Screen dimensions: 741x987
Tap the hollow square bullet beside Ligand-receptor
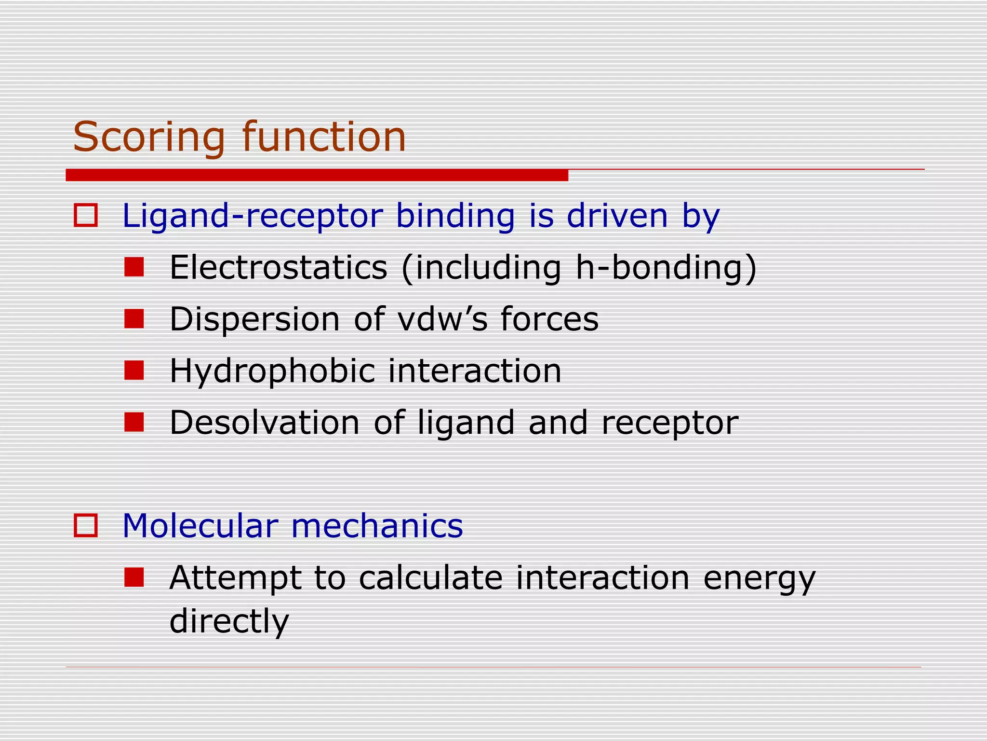coord(86,215)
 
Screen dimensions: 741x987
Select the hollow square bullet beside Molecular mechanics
coord(86,525)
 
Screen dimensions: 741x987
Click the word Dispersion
coord(255,319)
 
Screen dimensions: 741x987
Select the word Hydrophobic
coord(272,371)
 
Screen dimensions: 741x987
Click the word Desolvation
coord(265,423)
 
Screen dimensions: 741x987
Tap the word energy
coord(759,578)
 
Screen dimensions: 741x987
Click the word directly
coord(229,621)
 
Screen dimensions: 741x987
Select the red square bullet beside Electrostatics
coord(134,267)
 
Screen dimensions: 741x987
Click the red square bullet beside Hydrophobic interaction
coord(134,370)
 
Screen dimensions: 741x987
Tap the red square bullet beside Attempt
coord(134,577)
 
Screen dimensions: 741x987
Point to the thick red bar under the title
coord(317,175)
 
